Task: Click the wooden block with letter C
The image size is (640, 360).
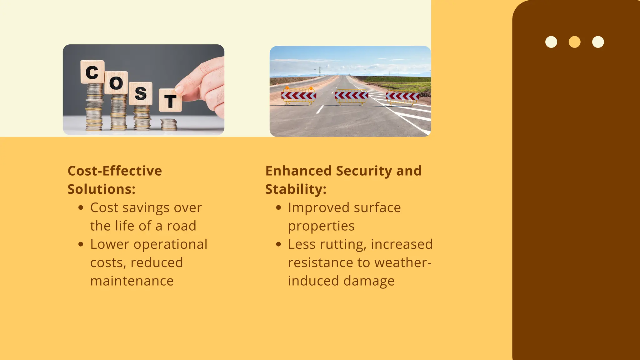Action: [92, 72]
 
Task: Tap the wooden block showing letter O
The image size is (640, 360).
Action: [116, 83]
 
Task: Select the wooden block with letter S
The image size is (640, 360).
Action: [141, 93]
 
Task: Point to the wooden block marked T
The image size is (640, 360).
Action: [170, 101]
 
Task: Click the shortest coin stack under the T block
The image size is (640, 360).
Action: [169, 124]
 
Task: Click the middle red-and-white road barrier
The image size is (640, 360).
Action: [351, 96]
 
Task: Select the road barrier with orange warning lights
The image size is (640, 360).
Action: [299, 96]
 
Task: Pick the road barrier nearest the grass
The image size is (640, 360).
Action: [402, 97]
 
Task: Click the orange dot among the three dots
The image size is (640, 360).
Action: [574, 42]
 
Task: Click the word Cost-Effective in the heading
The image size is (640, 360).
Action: [115, 171]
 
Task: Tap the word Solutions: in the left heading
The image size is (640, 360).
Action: [102, 189]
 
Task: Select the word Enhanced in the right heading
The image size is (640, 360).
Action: [298, 171]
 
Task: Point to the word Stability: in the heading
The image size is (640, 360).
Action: [296, 189]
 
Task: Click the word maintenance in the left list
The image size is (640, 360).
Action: [132, 281]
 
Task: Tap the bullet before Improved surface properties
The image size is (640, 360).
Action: [279, 207]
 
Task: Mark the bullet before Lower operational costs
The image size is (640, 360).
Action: [81, 244]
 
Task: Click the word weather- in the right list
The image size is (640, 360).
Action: [403, 263]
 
